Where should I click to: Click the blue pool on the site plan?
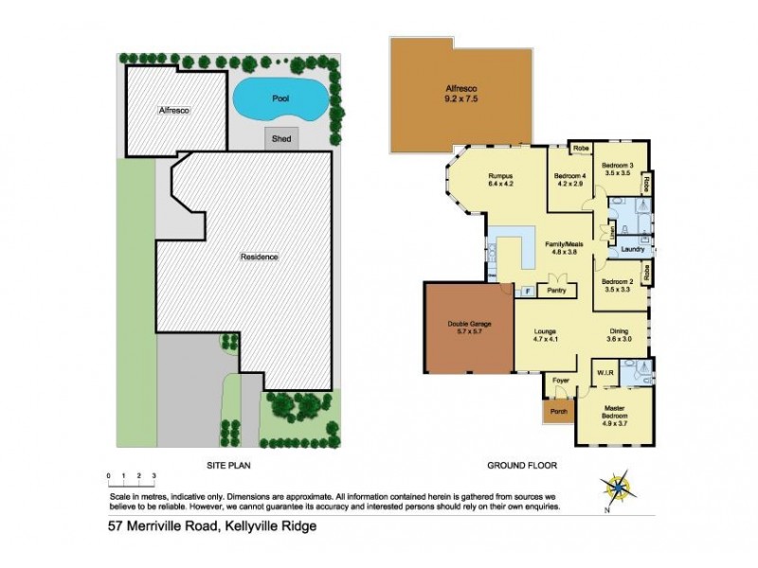(280, 98)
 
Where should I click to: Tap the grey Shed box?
(281, 138)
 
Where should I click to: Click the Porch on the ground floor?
(558, 412)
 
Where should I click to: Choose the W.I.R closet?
(605, 373)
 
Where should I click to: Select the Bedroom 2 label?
(617, 282)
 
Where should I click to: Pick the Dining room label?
(619, 332)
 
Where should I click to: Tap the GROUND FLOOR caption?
(521, 465)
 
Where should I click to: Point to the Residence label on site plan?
(259, 257)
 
